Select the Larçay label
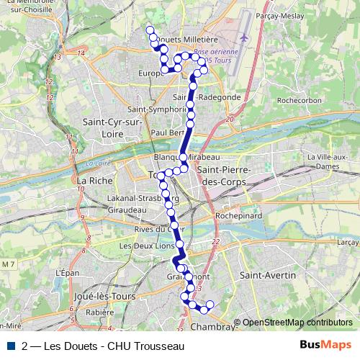pyautogui.click(x=348, y=243)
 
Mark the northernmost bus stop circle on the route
pyautogui.click(x=150, y=30)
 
